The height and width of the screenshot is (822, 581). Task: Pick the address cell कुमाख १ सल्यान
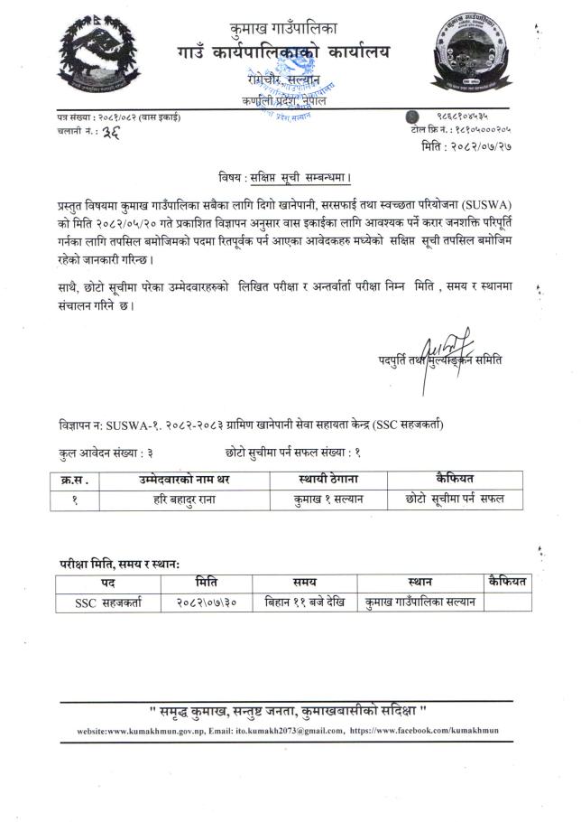pyautogui.click(x=315, y=497)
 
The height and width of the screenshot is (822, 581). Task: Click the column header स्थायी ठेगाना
pyautogui.click(x=315, y=479)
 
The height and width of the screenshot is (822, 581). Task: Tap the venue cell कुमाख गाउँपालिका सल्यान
pyautogui.click(x=420, y=602)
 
